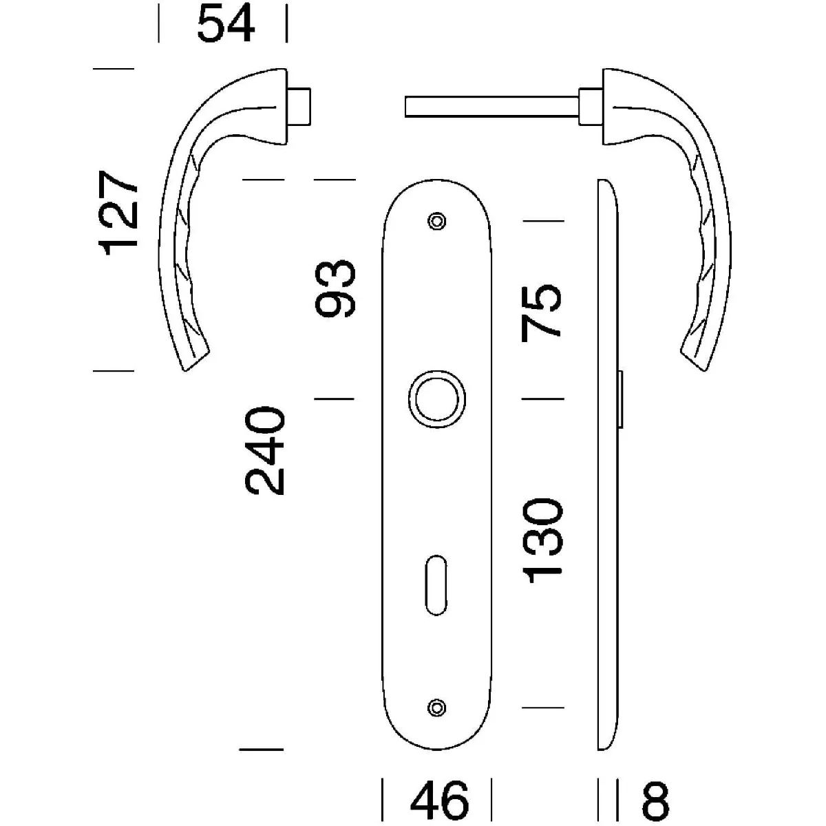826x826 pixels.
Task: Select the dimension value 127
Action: click(x=118, y=213)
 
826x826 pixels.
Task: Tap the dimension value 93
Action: click(x=335, y=288)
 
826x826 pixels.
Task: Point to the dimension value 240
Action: click(x=264, y=450)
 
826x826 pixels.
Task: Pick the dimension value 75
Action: click(x=541, y=313)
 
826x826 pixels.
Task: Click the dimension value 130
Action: click(x=542, y=541)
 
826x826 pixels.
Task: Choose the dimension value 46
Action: click(x=440, y=801)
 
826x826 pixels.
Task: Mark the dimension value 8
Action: click(x=655, y=801)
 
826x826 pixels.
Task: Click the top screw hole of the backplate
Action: click(x=437, y=221)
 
